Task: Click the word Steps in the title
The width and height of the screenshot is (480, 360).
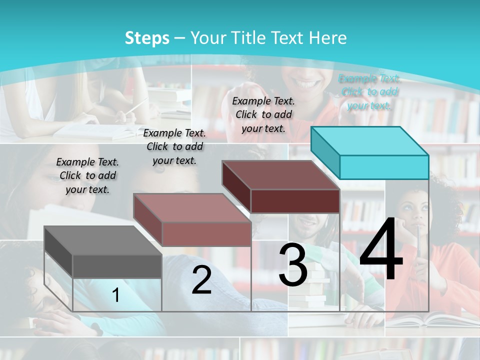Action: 147,38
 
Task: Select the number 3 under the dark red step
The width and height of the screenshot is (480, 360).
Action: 292,265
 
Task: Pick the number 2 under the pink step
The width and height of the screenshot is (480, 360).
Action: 201,280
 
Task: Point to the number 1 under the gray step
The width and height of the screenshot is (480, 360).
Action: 116,295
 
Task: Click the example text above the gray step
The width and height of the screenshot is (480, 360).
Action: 87,175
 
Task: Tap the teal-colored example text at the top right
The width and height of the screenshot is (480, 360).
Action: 369,91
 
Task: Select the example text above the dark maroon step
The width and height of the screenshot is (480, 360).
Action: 263,114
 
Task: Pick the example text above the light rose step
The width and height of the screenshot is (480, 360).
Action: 174,146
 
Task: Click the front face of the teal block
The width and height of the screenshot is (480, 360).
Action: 384,167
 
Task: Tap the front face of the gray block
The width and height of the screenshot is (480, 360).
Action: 117,266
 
